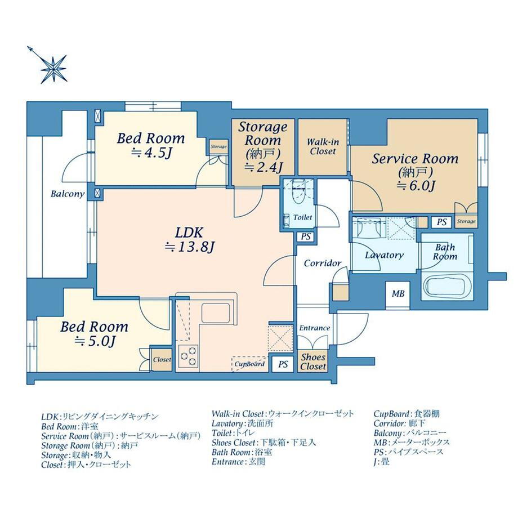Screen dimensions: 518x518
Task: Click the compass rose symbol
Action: tap(54, 68)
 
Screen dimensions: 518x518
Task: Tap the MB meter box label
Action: tap(398, 294)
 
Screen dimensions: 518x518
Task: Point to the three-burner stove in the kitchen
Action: tap(189, 355)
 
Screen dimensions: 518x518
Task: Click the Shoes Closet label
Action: tap(313, 361)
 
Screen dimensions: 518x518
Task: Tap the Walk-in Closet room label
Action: tap(321, 147)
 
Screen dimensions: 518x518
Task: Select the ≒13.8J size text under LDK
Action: tap(188, 247)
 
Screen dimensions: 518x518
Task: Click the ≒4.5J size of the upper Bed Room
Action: tap(151, 153)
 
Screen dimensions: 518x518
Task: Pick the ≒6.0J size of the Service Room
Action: tap(415, 186)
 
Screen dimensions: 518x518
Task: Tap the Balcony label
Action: tap(68, 194)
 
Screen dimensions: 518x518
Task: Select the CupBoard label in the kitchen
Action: tap(250, 364)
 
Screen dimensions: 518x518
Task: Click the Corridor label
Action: tap(322, 263)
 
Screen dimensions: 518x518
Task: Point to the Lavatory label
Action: tap(384, 255)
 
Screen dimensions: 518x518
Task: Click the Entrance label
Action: tap(314, 328)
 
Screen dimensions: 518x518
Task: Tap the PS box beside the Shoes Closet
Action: tap(283, 364)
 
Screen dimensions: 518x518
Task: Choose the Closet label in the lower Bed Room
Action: tap(162, 359)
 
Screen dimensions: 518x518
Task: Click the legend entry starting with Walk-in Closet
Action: tap(283, 413)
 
